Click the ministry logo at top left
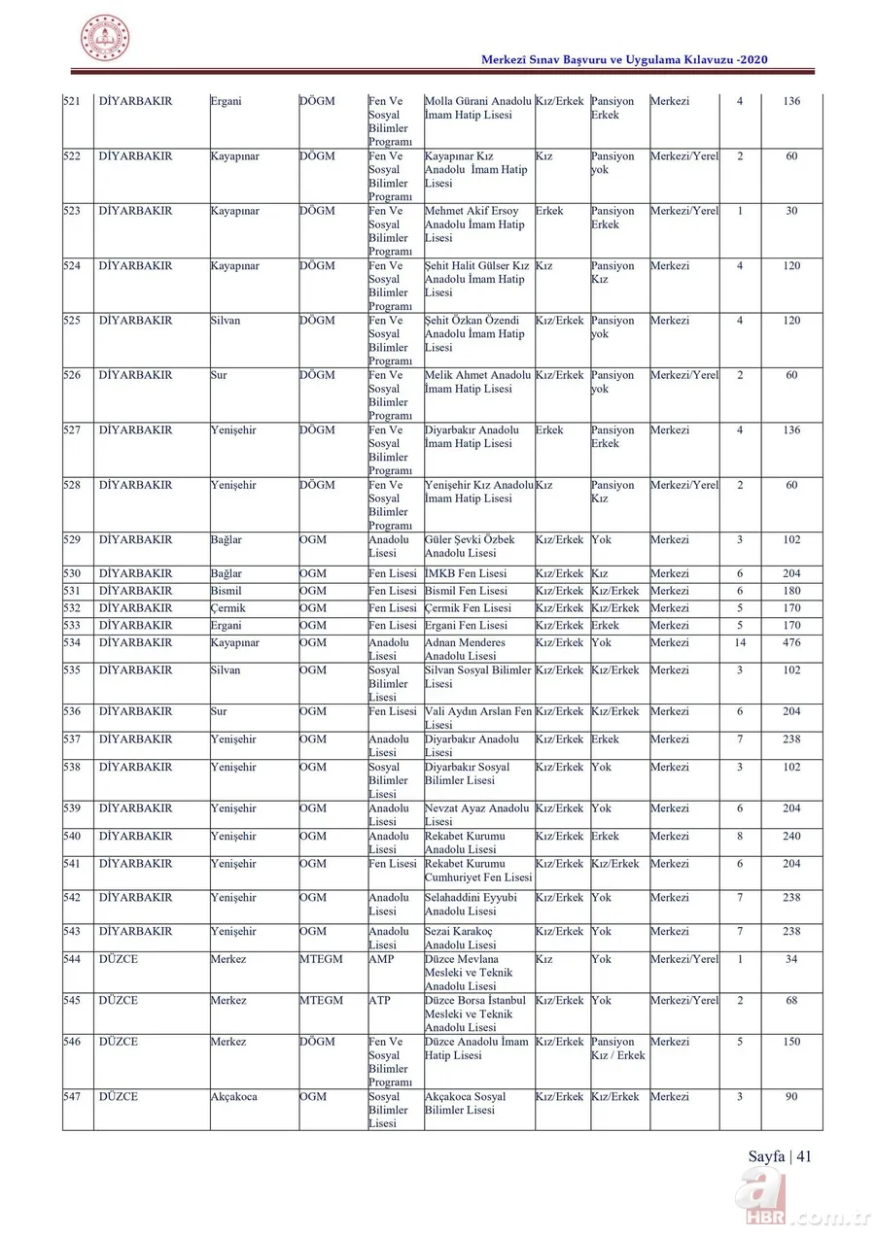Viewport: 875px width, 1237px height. [105, 39]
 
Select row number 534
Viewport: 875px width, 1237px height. [72, 642]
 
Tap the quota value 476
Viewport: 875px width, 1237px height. [791, 642]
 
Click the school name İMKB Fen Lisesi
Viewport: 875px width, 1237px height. [466, 573]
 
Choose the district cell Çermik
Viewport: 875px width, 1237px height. [227, 608]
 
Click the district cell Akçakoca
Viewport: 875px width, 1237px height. [234, 1097]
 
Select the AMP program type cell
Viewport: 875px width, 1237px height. [381, 959]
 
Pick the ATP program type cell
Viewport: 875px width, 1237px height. [379, 1001]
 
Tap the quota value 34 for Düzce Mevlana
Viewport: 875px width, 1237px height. [791, 959]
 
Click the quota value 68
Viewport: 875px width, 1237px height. [791, 1001]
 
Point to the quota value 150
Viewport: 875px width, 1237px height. [791, 1042]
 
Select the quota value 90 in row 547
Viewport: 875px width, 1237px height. [791, 1097]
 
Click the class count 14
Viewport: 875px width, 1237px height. [740, 642]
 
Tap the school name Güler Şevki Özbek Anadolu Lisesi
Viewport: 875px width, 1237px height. [471, 546]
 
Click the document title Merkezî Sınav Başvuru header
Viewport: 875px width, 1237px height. [625, 60]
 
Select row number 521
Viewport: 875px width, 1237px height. [72, 101]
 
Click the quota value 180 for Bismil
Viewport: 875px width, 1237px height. [791, 591]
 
